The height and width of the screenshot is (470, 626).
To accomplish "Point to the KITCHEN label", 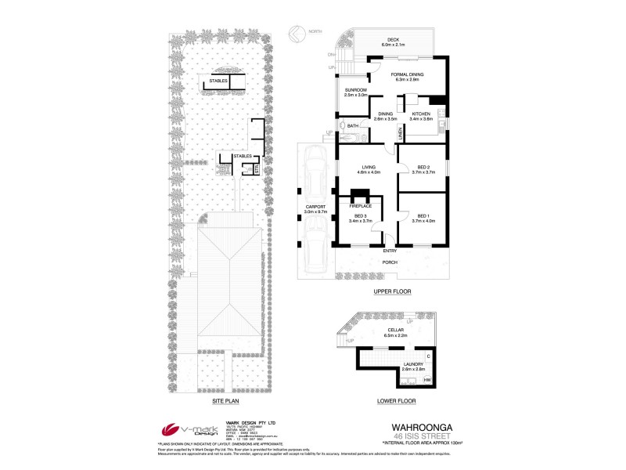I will [422, 114].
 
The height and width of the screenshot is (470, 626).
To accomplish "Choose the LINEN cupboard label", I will [400, 136].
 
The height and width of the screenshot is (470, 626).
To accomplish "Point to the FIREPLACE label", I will [360, 204].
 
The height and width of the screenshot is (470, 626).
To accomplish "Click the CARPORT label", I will [315, 208].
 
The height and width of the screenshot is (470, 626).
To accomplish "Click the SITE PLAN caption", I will [225, 401].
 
